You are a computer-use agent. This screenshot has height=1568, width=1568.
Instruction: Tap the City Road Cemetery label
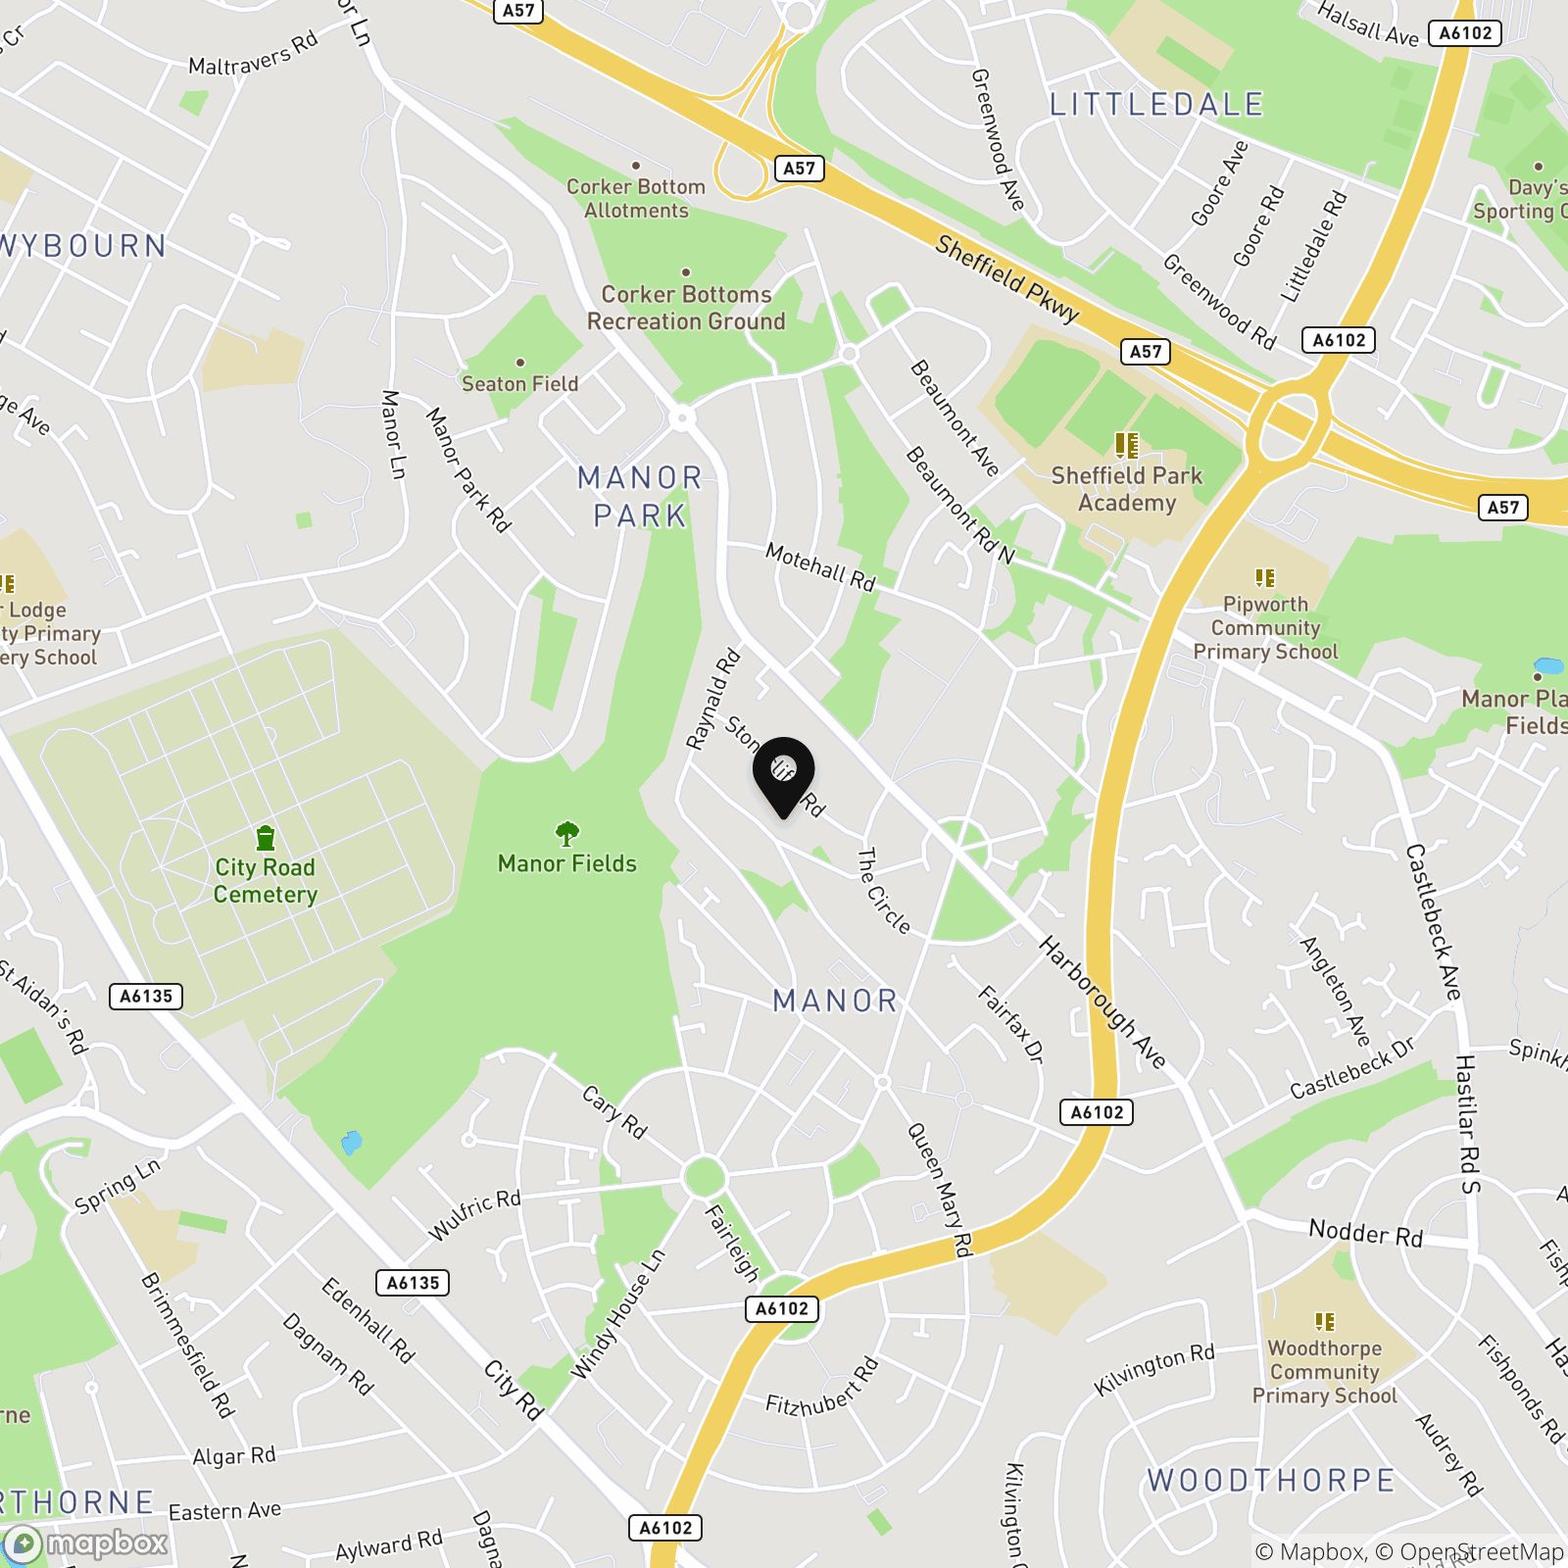[x=265, y=880]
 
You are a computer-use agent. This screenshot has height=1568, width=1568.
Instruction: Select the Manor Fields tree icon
[x=566, y=834]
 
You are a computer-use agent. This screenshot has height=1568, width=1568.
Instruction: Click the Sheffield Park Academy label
[x=1126, y=489]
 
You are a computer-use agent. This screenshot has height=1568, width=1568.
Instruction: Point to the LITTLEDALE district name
[x=1156, y=104]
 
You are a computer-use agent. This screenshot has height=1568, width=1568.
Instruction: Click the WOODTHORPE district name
[x=1270, y=1480]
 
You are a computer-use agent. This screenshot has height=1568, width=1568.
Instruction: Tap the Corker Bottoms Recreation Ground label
[x=686, y=308]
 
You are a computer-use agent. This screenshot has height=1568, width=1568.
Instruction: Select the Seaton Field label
[x=519, y=383]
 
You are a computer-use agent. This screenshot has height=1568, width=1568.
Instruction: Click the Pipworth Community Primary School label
[x=1265, y=627]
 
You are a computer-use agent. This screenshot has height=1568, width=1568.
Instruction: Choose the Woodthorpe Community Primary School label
[x=1324, y=1372]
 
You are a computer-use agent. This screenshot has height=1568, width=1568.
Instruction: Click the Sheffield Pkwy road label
[x=1006, y=278]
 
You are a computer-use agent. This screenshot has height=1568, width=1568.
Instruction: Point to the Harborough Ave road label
[x=1102, y=1003]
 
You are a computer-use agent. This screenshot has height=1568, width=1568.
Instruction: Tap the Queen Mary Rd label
[x=939, y=1190]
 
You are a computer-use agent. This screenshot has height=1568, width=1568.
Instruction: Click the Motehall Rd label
[x=819, y=566]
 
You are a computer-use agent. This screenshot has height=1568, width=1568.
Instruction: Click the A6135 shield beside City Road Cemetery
[x=146, y=997]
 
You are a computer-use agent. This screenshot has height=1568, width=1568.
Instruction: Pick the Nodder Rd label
[x=1365, y=1233]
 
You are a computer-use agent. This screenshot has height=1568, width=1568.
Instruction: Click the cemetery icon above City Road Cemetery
[x=265, y=838]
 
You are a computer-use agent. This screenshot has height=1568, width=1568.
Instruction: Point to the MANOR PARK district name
[x=640, y=496]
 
